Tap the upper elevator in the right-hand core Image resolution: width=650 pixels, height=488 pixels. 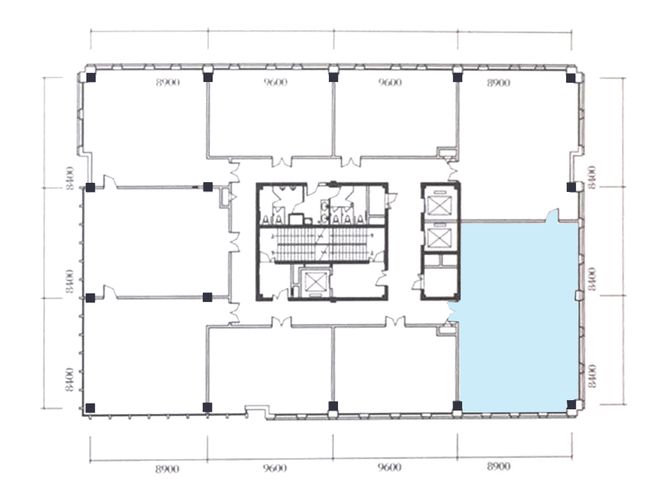coord(439,205)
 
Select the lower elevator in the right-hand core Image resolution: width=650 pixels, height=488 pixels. coord(439,237)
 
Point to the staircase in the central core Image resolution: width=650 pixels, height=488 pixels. coord(322,245)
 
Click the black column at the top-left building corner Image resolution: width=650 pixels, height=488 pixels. coord(91,77)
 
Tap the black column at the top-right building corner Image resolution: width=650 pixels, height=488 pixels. coord(571,77)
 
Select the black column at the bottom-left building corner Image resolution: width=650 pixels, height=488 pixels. coord(90,408)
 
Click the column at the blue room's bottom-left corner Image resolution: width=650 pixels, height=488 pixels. coord(457,406)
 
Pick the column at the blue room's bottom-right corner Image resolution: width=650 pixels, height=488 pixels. coord(571,405)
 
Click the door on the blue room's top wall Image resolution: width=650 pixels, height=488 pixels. coord(552,216)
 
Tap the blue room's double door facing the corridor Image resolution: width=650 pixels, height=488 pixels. coord(453,311)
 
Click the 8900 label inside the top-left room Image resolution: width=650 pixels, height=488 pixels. coord(168,83)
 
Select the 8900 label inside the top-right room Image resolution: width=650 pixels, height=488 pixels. coord(499,83)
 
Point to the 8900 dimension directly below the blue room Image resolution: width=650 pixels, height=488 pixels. coord(499,467)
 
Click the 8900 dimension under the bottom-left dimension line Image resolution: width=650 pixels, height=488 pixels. coord(168,469)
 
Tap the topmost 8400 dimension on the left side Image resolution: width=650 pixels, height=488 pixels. coord(70,178)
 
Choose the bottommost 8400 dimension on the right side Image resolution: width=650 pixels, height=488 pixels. coord(592,376)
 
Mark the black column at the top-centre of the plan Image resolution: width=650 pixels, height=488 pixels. coord(333,77)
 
